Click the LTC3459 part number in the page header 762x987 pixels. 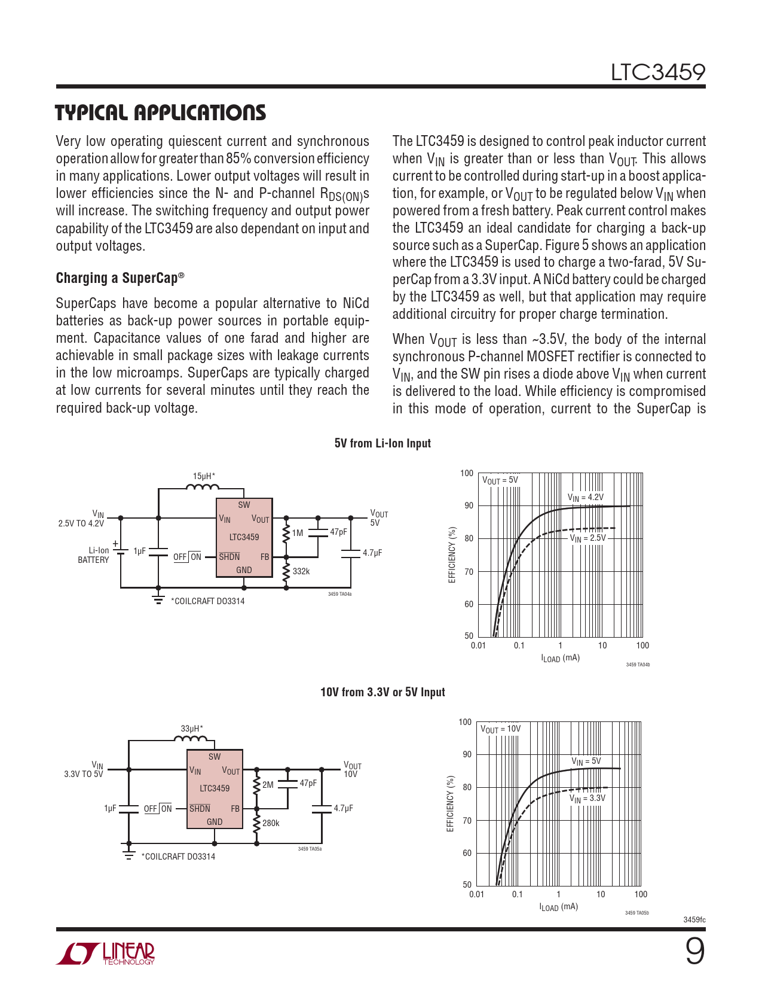coord(657,72)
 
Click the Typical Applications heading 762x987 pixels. coord(160,113)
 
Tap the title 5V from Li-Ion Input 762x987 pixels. coord(382,443)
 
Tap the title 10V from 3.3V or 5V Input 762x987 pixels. coord(382,692)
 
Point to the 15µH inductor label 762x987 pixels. coord(203,476)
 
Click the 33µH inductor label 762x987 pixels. coord(191,729)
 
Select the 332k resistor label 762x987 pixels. coord(301,571)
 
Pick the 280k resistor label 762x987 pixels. coord(271,823)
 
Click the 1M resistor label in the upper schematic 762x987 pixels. coord(298,533)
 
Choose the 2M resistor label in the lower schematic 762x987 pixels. coord(268,785)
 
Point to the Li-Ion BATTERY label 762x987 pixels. coord(94,555)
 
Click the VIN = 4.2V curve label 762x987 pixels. coord(585,498)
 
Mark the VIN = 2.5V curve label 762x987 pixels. coord(587,538)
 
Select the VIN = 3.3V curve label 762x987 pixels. coord(587,799)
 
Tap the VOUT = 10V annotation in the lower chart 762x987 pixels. coord(501,729)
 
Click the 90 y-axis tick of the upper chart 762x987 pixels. coord(469,506)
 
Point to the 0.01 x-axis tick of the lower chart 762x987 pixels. coord(476,894)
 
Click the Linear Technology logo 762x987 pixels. coord(105,954)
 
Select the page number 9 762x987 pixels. coord(694,952)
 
